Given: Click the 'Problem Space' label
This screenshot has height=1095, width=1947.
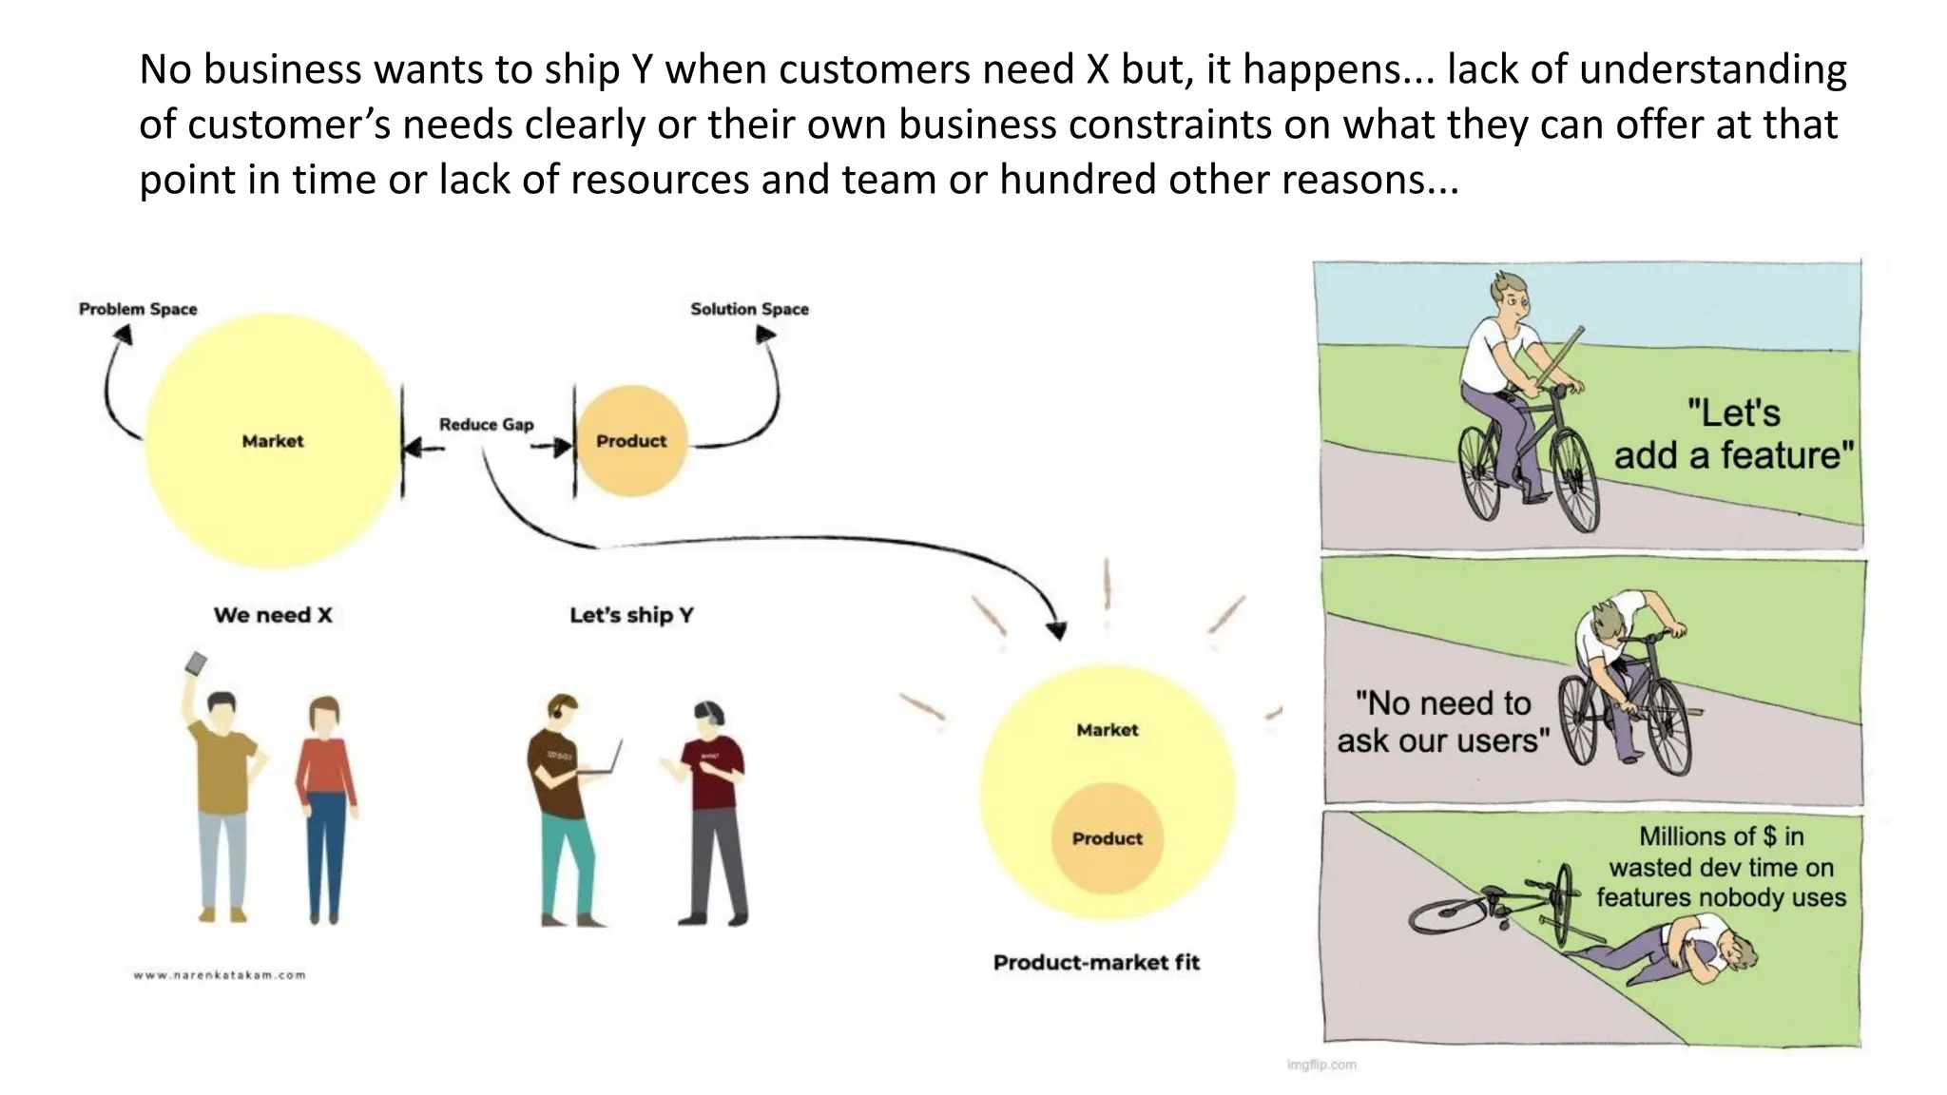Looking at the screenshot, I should click(138, 309).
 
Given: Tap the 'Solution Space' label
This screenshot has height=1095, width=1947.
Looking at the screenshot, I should click(749, 309).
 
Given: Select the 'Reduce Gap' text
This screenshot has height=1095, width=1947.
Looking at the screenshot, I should click(486, 424).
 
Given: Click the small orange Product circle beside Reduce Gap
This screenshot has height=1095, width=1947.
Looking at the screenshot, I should click(631, 441).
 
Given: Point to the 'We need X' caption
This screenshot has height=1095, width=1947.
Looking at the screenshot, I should click(273, 615).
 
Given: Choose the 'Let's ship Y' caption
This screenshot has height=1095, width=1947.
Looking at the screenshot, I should click(631, 615).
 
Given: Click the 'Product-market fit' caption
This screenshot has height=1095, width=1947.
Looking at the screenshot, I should click(1096, 962).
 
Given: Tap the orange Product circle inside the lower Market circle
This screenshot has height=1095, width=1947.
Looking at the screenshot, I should click(1107, 838).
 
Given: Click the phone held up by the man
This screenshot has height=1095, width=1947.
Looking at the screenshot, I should click(196, 663).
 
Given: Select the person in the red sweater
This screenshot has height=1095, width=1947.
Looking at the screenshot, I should click(325, 808).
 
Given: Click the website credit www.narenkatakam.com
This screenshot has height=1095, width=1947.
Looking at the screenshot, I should click(220, 974).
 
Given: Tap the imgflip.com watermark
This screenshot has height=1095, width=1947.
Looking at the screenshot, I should click(1321, 1065).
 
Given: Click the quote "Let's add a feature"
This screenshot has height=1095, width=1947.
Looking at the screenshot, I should click(1733, 434).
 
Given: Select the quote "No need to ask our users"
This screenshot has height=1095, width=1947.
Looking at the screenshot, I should click(1442, 721).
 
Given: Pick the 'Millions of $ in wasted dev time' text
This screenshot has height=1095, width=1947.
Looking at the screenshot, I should click(1721, 866).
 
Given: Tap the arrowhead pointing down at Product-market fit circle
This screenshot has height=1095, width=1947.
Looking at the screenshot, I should click(1056, 630).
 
